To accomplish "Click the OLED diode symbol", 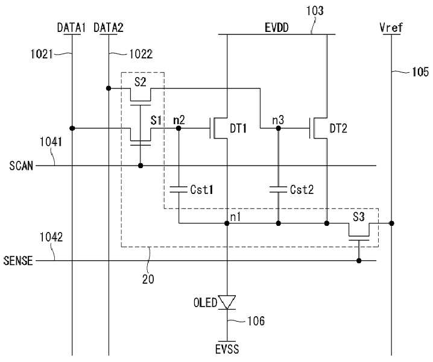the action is (x=227, y=302).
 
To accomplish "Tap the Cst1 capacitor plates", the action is (x=179, y=189).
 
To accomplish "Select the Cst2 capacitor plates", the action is (x=279, y=189).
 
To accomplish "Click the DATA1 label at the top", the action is (x=71, y=28).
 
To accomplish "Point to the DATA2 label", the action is (x=109, y=28).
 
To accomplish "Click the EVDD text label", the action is (x=276, y=28).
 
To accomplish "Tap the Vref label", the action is (x=391, y=27).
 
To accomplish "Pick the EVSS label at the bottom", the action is (x=227, y=349).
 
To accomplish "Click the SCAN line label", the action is (x=21, y=166).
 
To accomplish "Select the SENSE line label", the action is (x=18, y=260).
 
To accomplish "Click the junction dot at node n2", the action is (x=179, y=128).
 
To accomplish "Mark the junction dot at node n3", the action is (x=279, y=128).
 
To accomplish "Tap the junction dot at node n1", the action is (x=227, y=223).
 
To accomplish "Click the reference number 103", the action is (x=315, y=11).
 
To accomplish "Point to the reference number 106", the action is (x=256, y=321).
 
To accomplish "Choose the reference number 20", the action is (x=148, y=279).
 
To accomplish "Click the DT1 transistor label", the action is (x=238, y=128).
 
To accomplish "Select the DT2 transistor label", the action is (x=338, y=128).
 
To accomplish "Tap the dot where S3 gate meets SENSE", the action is (x=359, y=260).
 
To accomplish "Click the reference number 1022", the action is (x=141, y=54).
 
